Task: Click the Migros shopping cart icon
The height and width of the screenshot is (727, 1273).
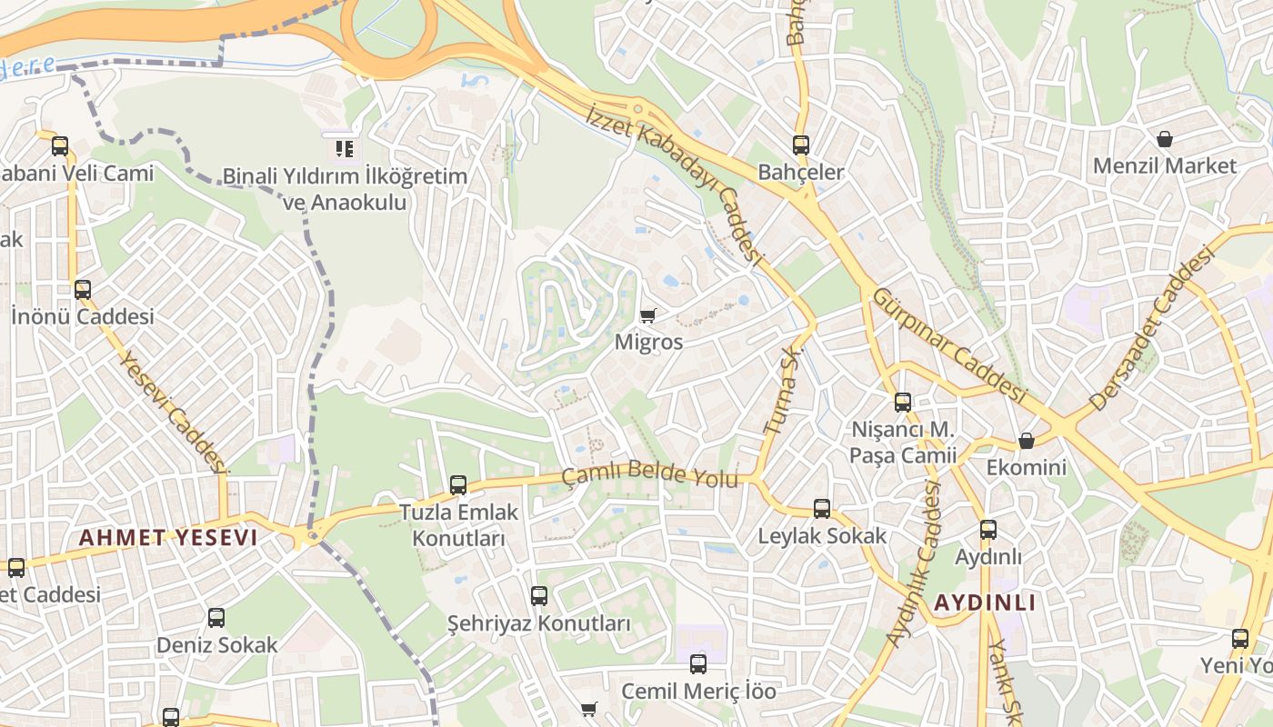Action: [x=647, y=315]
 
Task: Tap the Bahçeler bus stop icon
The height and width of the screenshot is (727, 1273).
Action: [x=800, y=145]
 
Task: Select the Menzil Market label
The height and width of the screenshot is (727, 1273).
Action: [x=1164, y=166]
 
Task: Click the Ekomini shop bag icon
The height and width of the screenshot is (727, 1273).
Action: [x=1027, y=441]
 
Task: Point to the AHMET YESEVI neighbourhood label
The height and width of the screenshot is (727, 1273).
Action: [x=168, y=538]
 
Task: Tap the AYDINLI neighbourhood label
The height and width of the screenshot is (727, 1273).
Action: [x=985, y=603]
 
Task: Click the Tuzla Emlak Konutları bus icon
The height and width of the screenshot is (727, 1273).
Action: [x=458, y=485]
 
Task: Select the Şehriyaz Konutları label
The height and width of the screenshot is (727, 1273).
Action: [x=538, y=624]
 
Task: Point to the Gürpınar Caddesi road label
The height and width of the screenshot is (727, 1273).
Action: [x=949, y=346]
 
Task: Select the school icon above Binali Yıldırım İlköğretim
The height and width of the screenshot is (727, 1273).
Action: [x=344, y=148]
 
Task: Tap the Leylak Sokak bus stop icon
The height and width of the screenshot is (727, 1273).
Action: [x=822, y=509]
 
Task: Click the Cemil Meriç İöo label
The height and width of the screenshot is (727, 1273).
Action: [x=698, y=692]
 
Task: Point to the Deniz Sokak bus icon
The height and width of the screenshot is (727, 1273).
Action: [x=216, y=618]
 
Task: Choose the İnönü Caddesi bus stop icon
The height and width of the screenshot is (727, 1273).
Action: [x=83, y=290]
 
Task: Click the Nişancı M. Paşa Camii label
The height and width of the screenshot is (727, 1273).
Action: [x=902, y=442]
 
